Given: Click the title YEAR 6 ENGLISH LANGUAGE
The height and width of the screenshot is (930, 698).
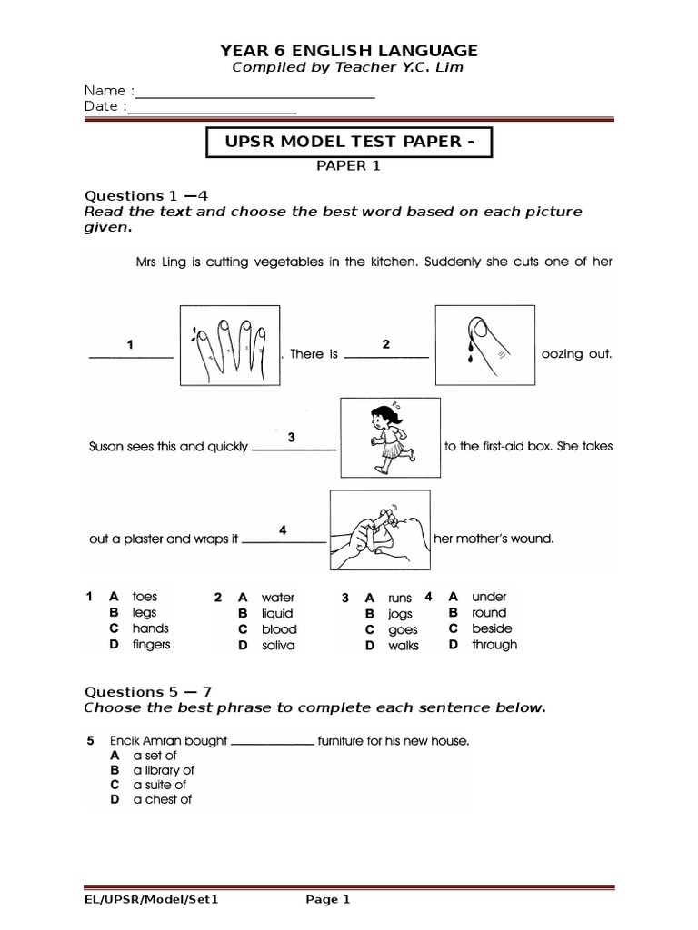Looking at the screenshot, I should pyautogui.click(x=350, y=51).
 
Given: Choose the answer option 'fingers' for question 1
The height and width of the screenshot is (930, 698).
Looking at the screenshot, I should pyautogui.click(x=151, y=645).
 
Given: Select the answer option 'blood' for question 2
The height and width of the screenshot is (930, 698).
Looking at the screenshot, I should pyautogui.click(x=279, y=629).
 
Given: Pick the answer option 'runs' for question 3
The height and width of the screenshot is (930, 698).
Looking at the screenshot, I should pyautogui.click(x=400, y=599).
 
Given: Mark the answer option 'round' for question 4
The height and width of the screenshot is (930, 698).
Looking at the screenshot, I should pyautogui.click(x=489, y=613).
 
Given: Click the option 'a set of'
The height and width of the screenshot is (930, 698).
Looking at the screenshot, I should pyautogui.click(x=155, y=756).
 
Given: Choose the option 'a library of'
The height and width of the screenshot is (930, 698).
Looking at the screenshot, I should pyautogui.click(x=164, y=770).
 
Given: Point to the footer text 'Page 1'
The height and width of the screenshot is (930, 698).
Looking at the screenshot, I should pyautogui.click(x=327, y=900).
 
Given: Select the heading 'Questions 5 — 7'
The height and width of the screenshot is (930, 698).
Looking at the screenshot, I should pyautogui.click(x=149, y=691).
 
